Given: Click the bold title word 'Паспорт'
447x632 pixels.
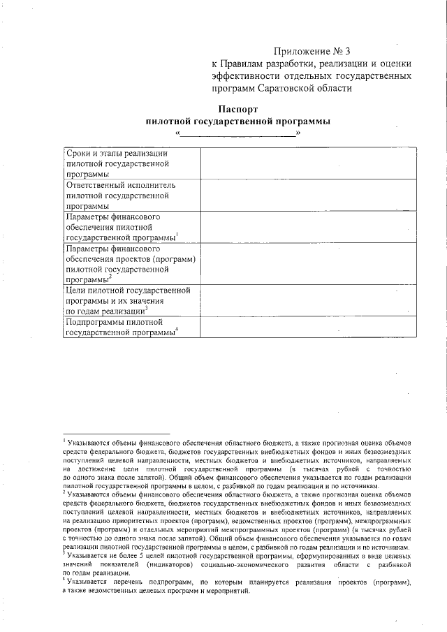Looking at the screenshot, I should point(238,109).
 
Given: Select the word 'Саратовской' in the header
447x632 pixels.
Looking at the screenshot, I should point(294,89).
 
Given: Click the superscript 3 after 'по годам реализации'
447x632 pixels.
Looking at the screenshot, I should point(146,308).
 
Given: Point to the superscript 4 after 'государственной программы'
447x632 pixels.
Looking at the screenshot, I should point(177,330).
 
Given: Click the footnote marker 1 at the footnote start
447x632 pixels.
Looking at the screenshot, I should point(64,440).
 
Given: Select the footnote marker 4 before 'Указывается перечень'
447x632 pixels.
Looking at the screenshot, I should point(64,579).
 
